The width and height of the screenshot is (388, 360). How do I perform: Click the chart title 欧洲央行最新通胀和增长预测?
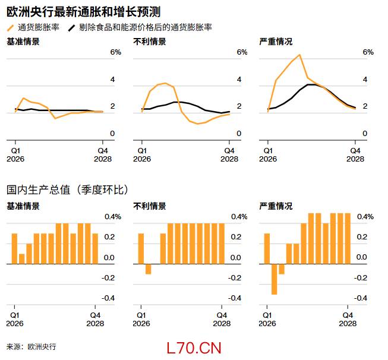(83, 12)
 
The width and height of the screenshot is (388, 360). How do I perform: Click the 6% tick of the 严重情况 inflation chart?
(368, 52)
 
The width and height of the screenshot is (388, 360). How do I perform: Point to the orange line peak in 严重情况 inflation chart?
(299, 55)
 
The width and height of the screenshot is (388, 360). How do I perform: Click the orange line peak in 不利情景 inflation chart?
(165, 83)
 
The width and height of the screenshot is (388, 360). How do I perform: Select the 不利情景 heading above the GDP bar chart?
(149, 206)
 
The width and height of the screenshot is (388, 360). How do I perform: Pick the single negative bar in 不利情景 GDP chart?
(149, 269)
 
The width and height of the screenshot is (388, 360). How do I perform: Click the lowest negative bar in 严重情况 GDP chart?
(275, 279)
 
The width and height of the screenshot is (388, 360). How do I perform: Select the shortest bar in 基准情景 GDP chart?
(22, 259)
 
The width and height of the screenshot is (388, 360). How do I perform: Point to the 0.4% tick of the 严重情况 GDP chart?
(365, 217)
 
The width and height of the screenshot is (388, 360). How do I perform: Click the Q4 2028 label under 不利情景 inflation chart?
(229, 154)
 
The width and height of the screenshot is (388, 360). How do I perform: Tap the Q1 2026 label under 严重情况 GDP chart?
(268, 320)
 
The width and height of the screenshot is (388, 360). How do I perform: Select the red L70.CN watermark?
(194, 348)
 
